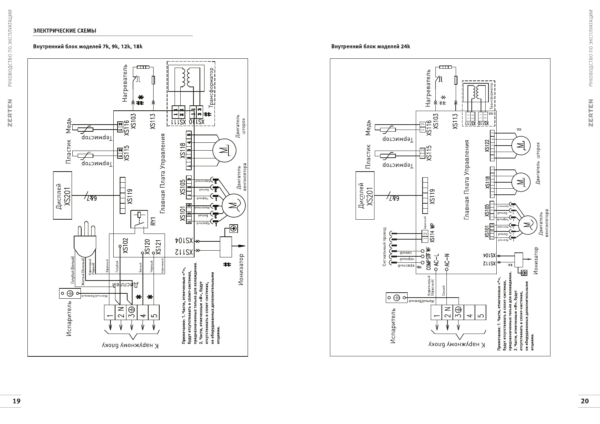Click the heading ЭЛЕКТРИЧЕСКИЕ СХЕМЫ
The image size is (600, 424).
coord(64,31)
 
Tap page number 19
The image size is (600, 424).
coord(16,401)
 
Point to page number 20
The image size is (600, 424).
coord(585,401)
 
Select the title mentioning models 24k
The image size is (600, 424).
coord(371,47)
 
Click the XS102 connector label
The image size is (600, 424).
coord(125,246)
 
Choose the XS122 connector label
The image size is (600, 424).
coord(487,146)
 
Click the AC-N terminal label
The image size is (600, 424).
coord(447,260)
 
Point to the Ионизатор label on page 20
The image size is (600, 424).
coord(536,261)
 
